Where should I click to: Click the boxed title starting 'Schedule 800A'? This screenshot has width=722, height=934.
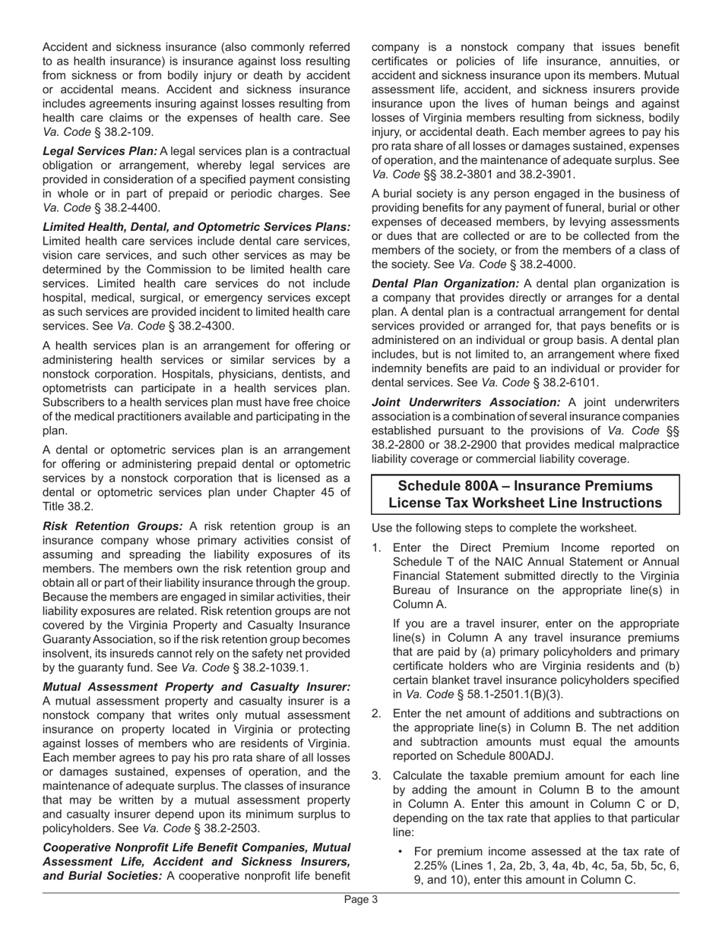tap(525, 494)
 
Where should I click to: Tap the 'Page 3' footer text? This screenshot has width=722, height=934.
tap(361, 900)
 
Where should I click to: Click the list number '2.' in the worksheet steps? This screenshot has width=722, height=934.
tap(377, 713)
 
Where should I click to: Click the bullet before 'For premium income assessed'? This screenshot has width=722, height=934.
tap(401, 851)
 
